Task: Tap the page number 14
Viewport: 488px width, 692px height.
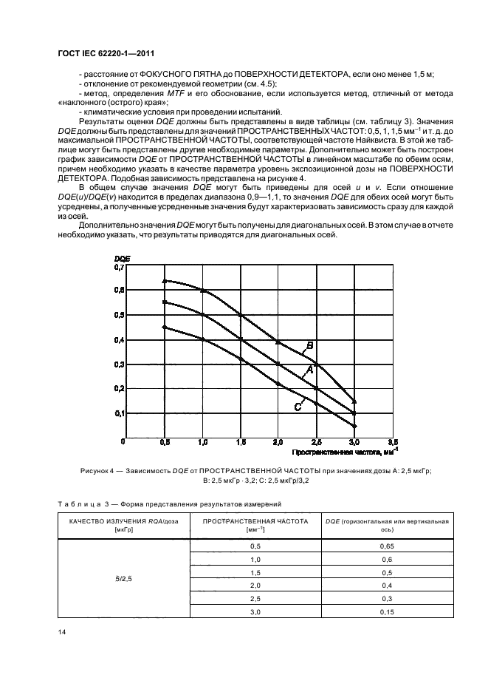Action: (x=61, y=633)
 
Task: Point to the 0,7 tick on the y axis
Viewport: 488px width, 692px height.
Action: (x=119, y=267)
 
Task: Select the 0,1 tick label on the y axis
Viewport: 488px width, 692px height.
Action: (x=119, y=413)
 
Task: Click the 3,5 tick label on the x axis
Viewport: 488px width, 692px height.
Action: (x=393, y=441)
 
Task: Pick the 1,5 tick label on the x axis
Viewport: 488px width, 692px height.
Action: (x=241, y=441)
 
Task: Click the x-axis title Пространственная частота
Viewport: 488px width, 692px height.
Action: (x=337, y=451)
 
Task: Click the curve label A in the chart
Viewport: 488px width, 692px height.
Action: (x=310, y=369)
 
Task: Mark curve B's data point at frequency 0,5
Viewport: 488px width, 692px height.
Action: (x=165, y=280)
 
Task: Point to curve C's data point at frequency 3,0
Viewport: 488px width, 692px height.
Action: (x=355, y=426)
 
